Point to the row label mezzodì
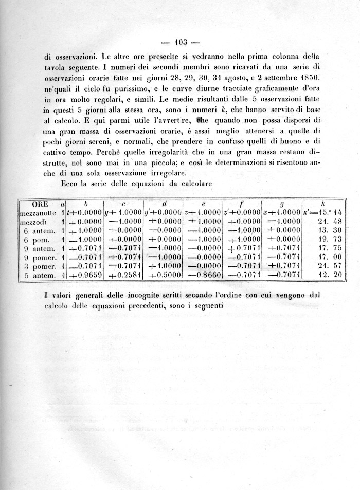point(34,222)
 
